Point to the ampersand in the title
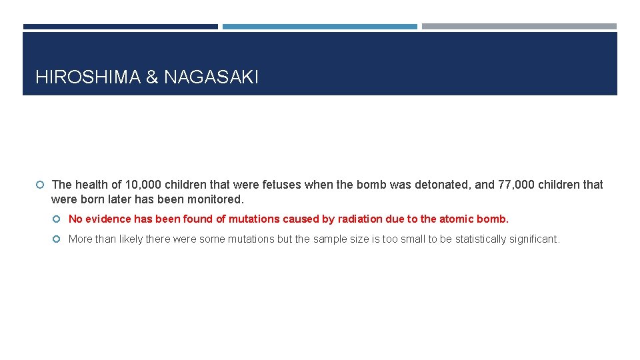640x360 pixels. coord(152,77)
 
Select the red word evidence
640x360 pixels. coord(108,219)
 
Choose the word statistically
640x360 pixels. coord(483,239)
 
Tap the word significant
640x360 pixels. coord(535,239)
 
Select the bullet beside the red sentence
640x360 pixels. coord(58,219)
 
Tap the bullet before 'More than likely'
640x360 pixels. coord(58,239)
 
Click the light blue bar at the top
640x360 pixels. coord(319,27)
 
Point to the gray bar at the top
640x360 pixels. coord(519,27)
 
